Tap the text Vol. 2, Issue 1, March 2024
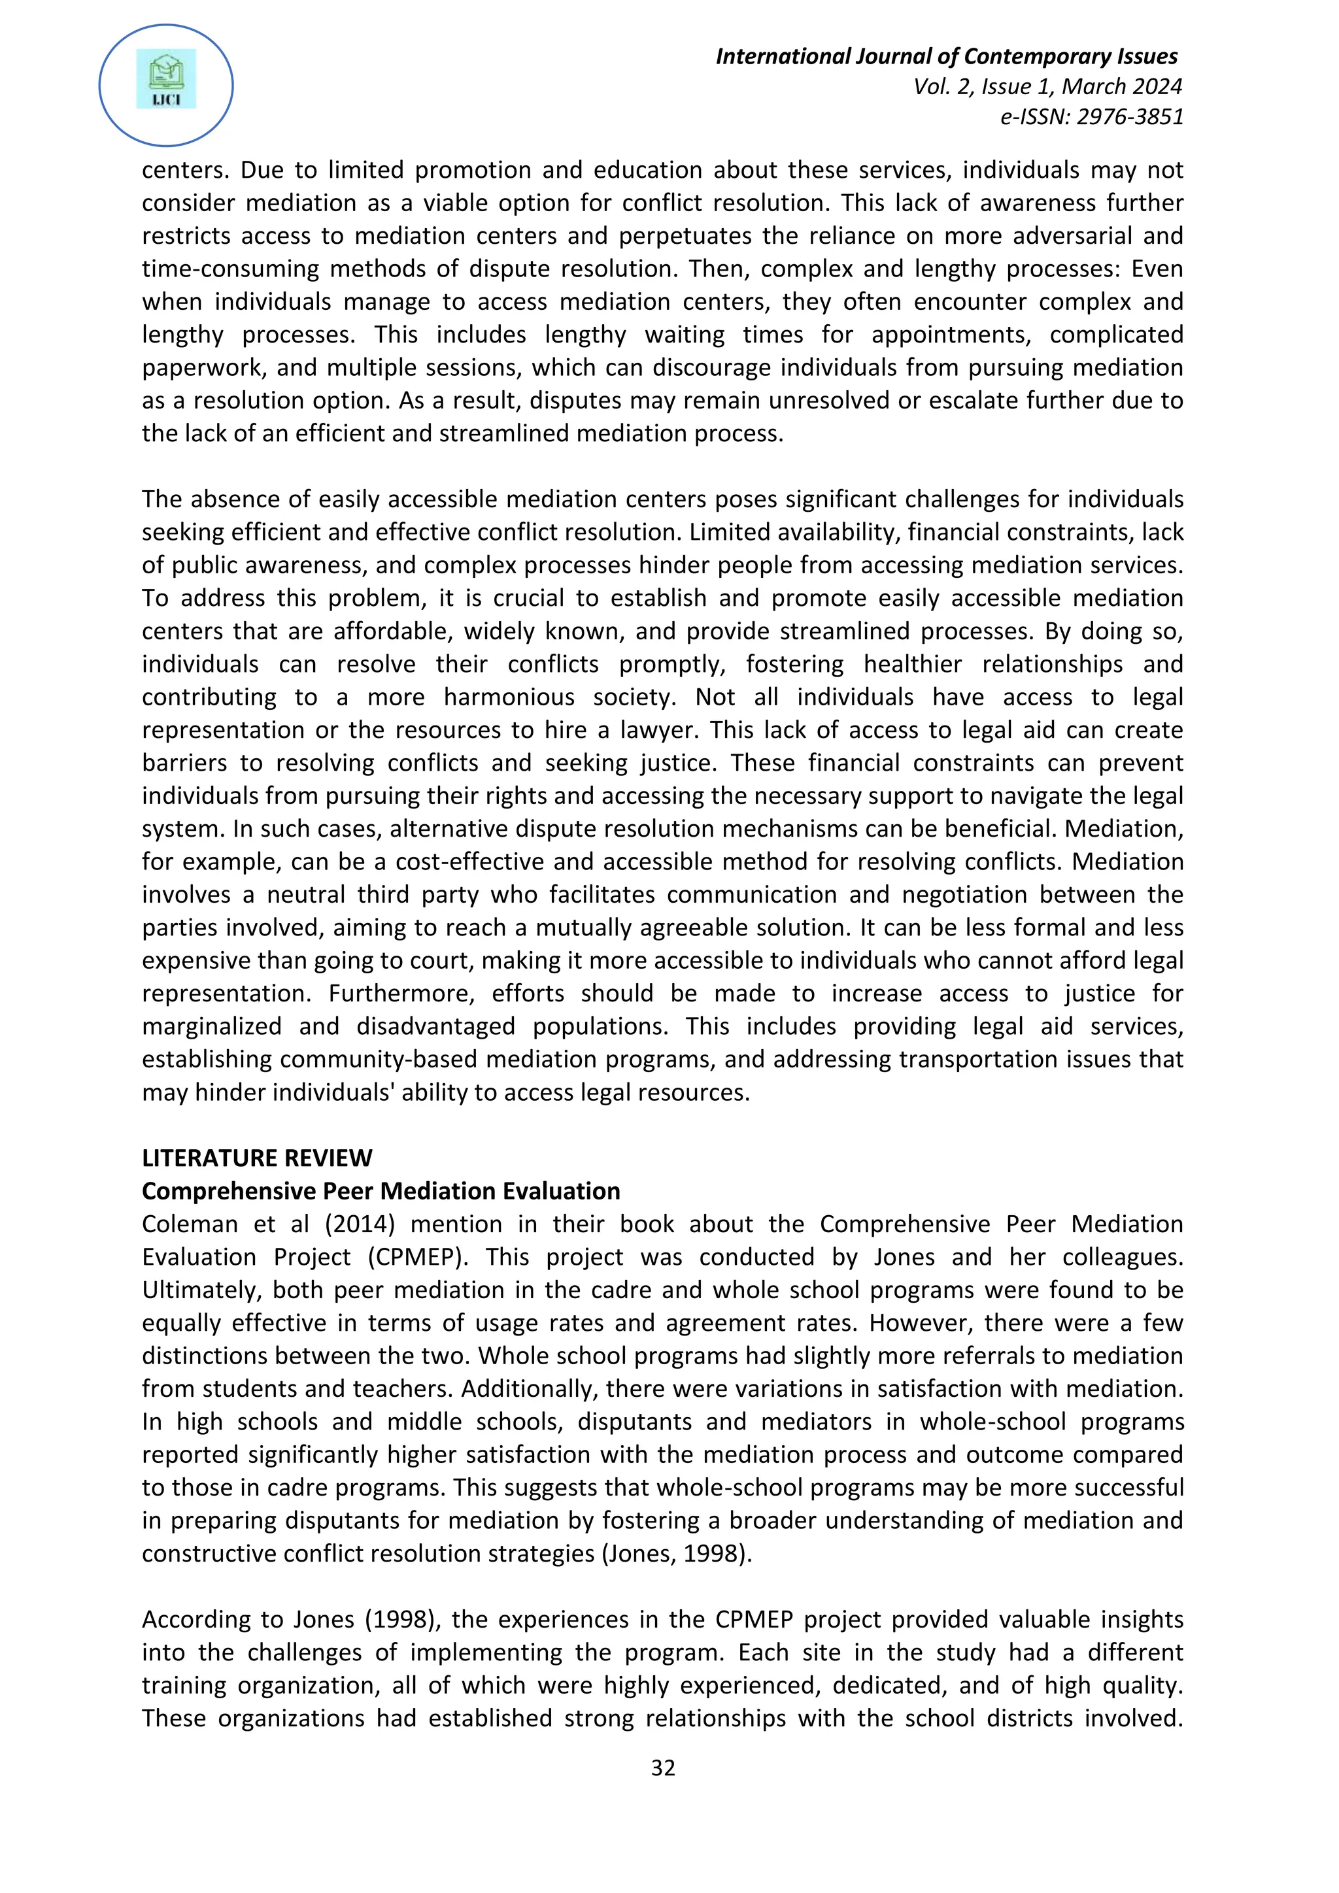pos(1047,86)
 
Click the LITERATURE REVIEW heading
pos(256,1158)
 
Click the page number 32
pos(663,1767)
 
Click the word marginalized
pos(211,1026)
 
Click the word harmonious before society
pos(509,697)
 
